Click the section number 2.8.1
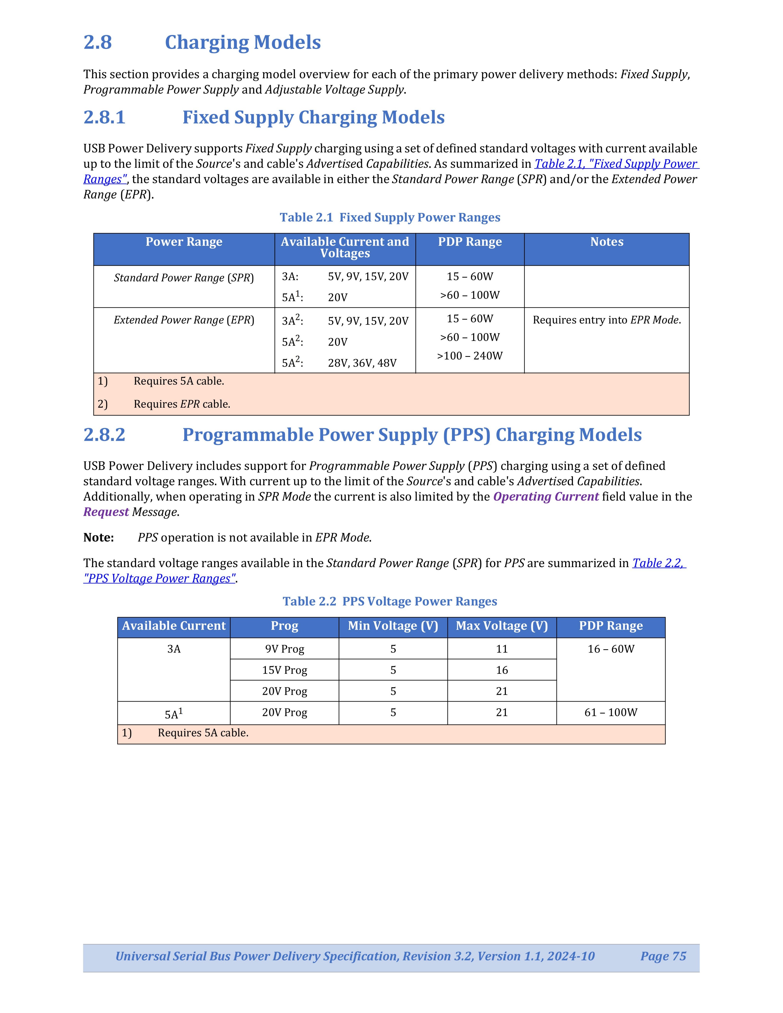(104, 117)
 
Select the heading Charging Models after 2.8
(243, 42)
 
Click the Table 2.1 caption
(390, 218)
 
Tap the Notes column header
(606, 242)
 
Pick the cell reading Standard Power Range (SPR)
(184, 278)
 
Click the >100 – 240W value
(469, 356)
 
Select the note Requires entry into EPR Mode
(606, 320)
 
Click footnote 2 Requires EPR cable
(182, 404)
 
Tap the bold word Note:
(98, 538)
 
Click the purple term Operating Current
(546, 497)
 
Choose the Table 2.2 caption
(390, 601)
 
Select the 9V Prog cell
(284, 649)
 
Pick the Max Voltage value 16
(502, 670)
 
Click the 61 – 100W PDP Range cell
(611, 713)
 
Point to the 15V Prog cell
(284, 670)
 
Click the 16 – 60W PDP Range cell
(611, 649)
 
